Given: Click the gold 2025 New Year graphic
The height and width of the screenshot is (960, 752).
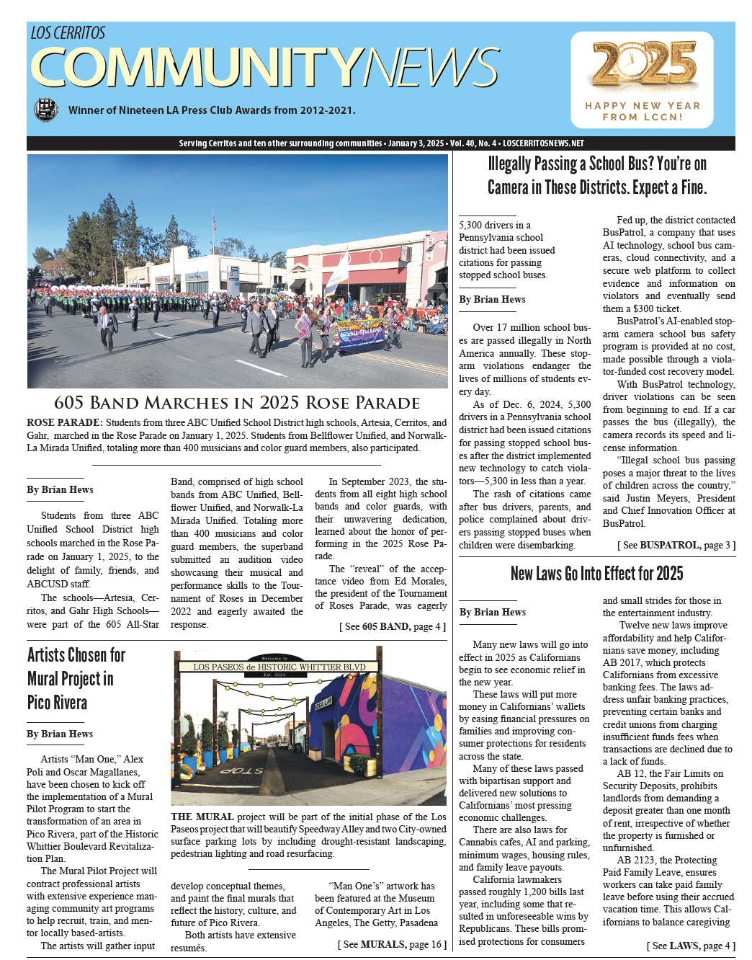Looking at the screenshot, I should point(641,64).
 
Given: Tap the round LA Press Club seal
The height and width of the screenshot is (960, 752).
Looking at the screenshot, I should point(46,110).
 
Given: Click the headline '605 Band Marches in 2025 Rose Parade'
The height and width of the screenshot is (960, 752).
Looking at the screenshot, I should point(237,402).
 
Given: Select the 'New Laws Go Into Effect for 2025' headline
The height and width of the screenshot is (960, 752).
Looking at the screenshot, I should point(596,574).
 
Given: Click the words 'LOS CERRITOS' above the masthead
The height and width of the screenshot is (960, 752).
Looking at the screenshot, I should point(68,33).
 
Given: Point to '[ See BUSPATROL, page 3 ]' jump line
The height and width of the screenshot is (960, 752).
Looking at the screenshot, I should point(676,545).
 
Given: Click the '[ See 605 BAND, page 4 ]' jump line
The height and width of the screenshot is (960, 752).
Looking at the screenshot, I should point(393,626).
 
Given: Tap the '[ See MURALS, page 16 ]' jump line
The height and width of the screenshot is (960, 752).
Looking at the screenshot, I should point(392,943).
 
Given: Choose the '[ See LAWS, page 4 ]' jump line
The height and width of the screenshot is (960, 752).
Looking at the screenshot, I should point(691,945).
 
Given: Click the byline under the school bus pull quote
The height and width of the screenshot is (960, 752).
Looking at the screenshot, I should point(492,299).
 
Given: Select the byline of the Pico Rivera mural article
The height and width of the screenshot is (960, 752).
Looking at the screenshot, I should point(60,734).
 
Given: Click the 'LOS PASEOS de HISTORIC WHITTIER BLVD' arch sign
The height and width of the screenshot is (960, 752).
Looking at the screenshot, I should point(279,667).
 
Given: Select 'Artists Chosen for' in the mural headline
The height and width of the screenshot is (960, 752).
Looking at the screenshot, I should point(76,654).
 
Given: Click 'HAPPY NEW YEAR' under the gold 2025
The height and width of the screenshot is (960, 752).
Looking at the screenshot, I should point(643,105).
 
